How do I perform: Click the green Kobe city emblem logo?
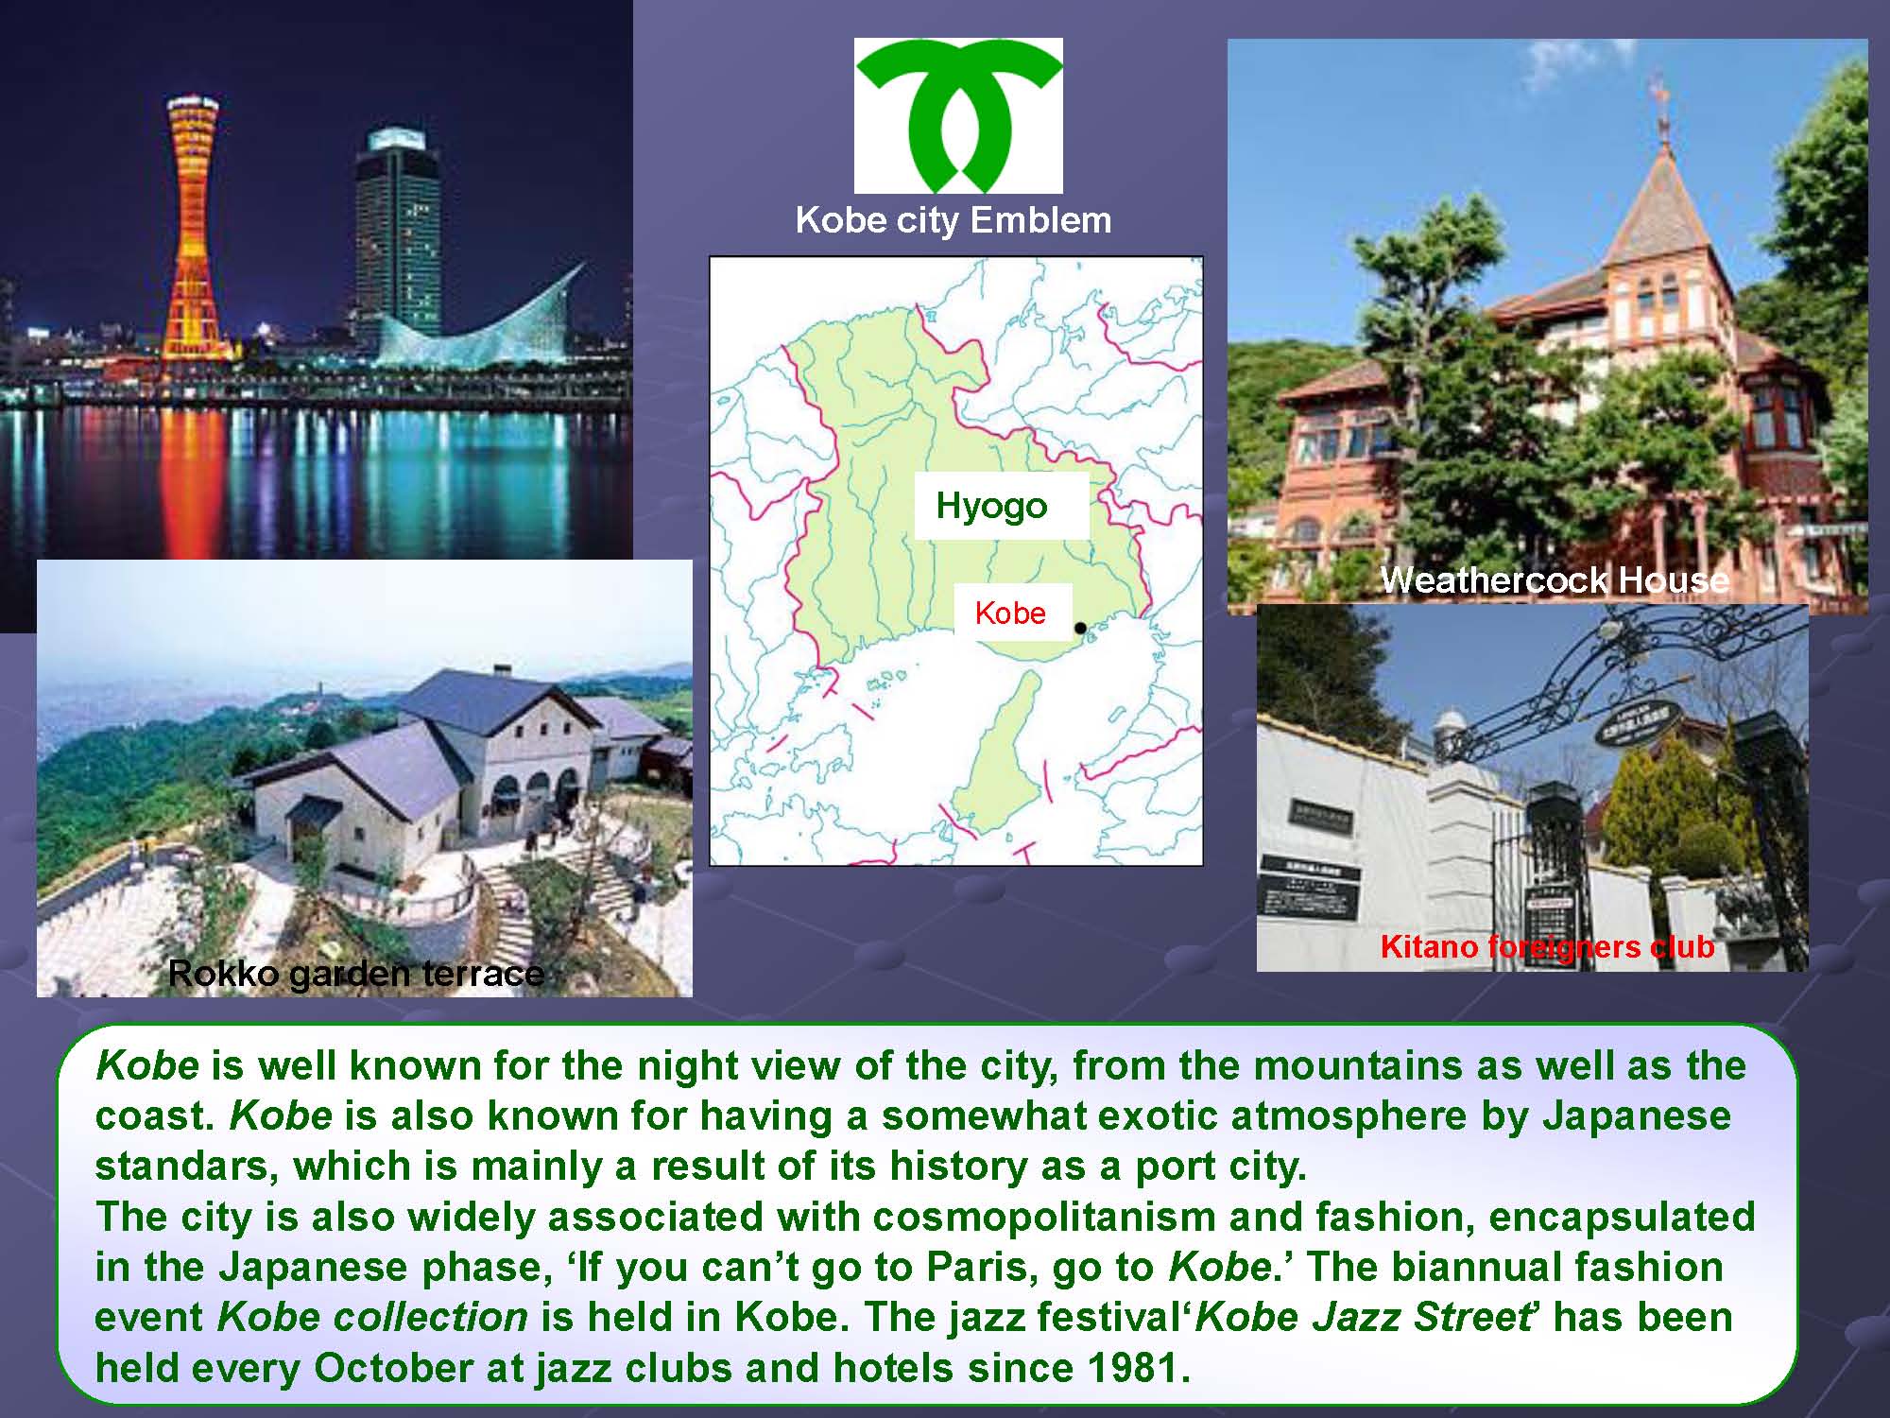tap(958, 113)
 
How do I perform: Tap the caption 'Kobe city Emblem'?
tap(954, 220)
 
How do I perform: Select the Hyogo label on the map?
tap(991, 506)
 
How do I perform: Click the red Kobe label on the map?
tap(1010, 613)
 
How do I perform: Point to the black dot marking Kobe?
tap(1080, 628)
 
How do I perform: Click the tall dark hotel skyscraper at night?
tap(397, 236)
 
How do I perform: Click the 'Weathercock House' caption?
tap(1555, 579)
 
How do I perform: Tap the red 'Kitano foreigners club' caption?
tap(1547, 946)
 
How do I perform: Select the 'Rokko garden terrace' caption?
tap(355, 973)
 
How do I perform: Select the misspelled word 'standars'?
tap(186, 1167)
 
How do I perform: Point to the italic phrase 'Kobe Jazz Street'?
tap(1362, 1318)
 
